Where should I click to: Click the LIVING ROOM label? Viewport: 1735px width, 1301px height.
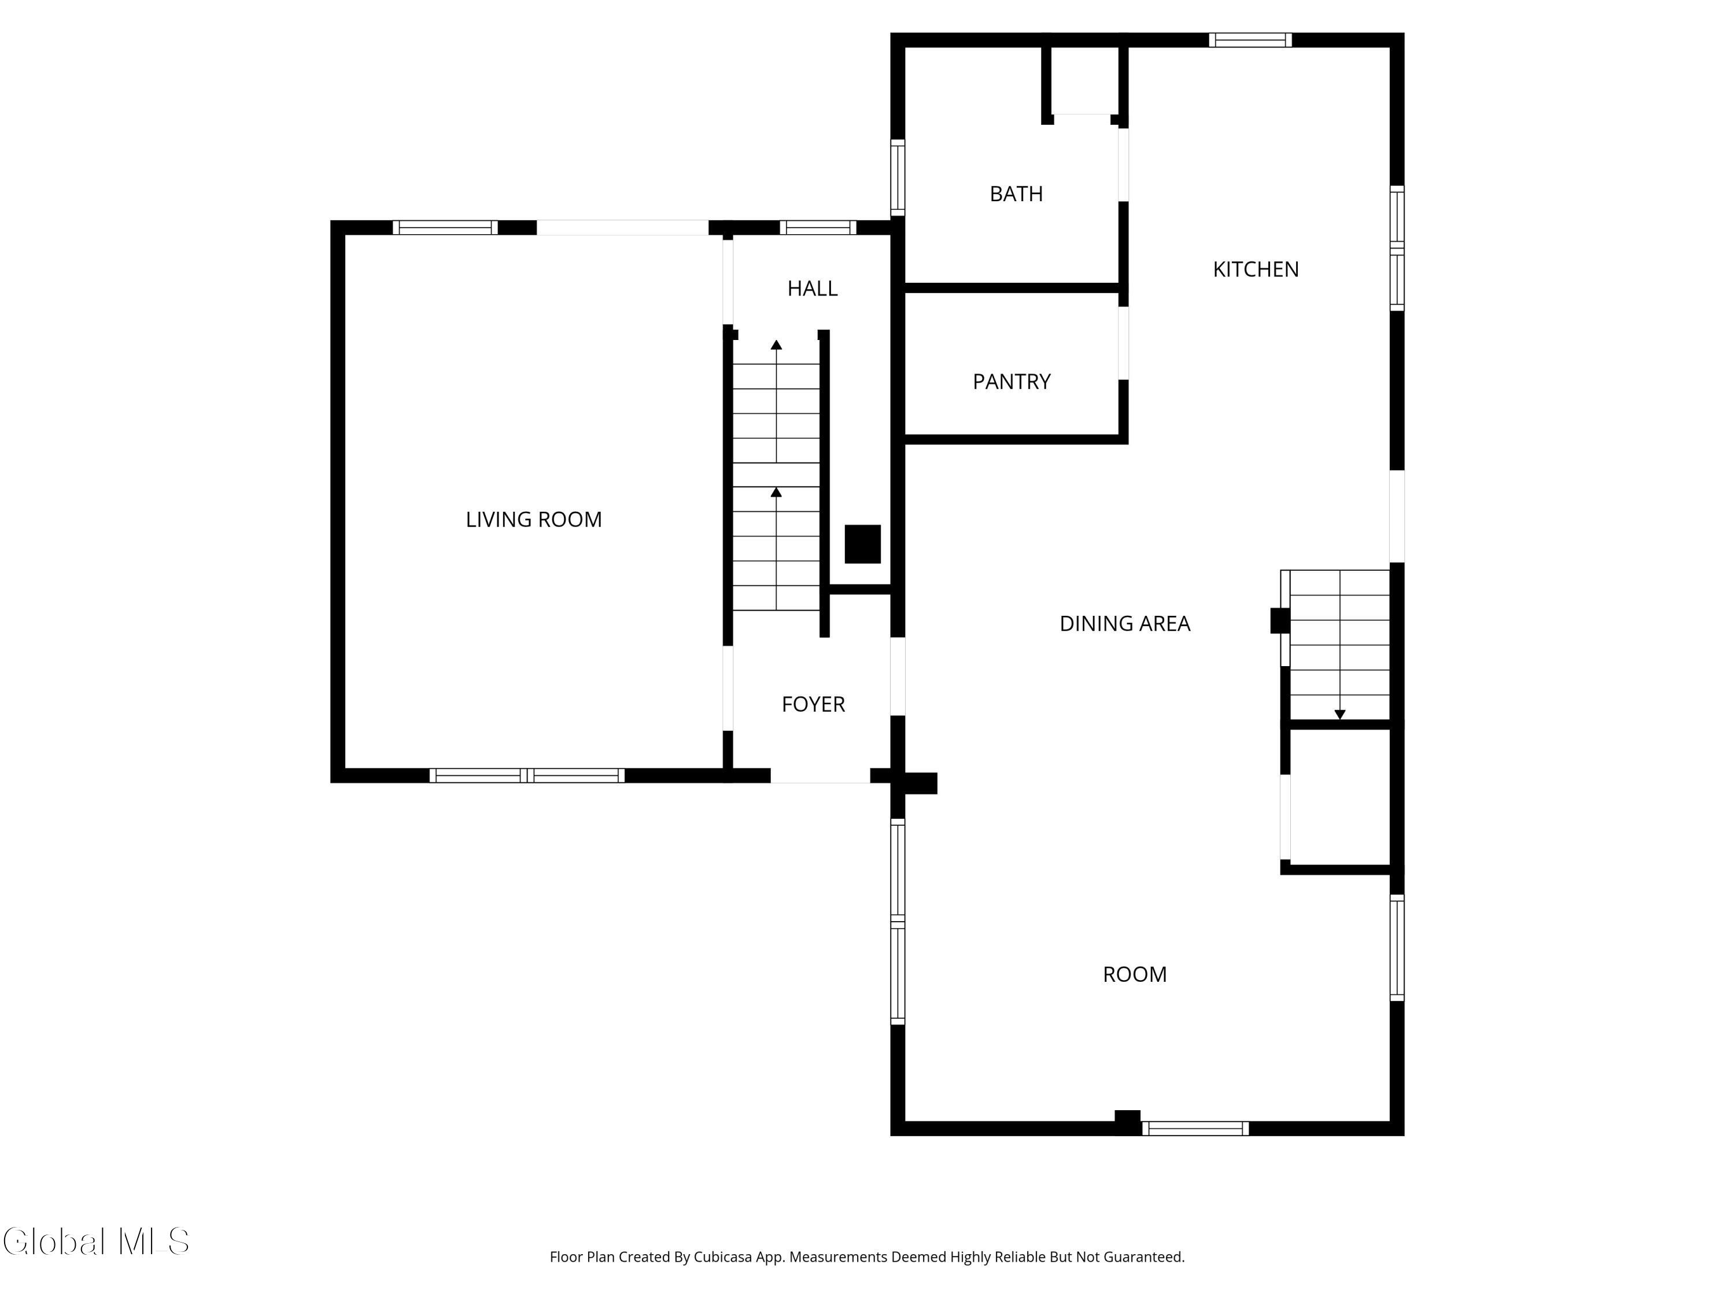(x=533, y=519)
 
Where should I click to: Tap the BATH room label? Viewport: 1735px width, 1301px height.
(x=1016, y=194)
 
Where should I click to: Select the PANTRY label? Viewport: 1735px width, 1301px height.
(x=1011, y=381)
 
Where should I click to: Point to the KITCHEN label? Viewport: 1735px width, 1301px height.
(x=1255, y=269)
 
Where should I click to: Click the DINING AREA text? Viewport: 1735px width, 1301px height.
(x=1124, y=623)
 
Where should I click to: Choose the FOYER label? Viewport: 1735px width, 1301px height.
(x=813, y=704)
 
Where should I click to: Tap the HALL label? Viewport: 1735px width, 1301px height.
(x=812, y=289)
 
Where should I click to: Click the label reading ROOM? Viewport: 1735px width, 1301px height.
(x=1134, y=974)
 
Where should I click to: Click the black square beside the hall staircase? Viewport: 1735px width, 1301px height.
(x=862, y=544)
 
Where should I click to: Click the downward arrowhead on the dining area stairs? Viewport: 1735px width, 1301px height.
(x=1339, y=715)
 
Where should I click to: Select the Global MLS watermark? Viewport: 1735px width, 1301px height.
(x=95, y=1241)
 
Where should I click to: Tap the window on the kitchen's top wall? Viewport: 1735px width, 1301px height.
(x=1249, y=40)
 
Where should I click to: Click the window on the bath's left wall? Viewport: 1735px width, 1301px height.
(x=898, y=178)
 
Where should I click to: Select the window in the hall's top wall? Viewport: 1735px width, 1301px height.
(x=817, y=227)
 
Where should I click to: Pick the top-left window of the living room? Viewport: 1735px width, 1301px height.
(x=445, y=227)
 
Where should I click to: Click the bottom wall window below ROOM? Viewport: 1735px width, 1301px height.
(x=1195, y=1129)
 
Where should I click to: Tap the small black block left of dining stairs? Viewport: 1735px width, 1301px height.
(x=1279, y=620)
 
